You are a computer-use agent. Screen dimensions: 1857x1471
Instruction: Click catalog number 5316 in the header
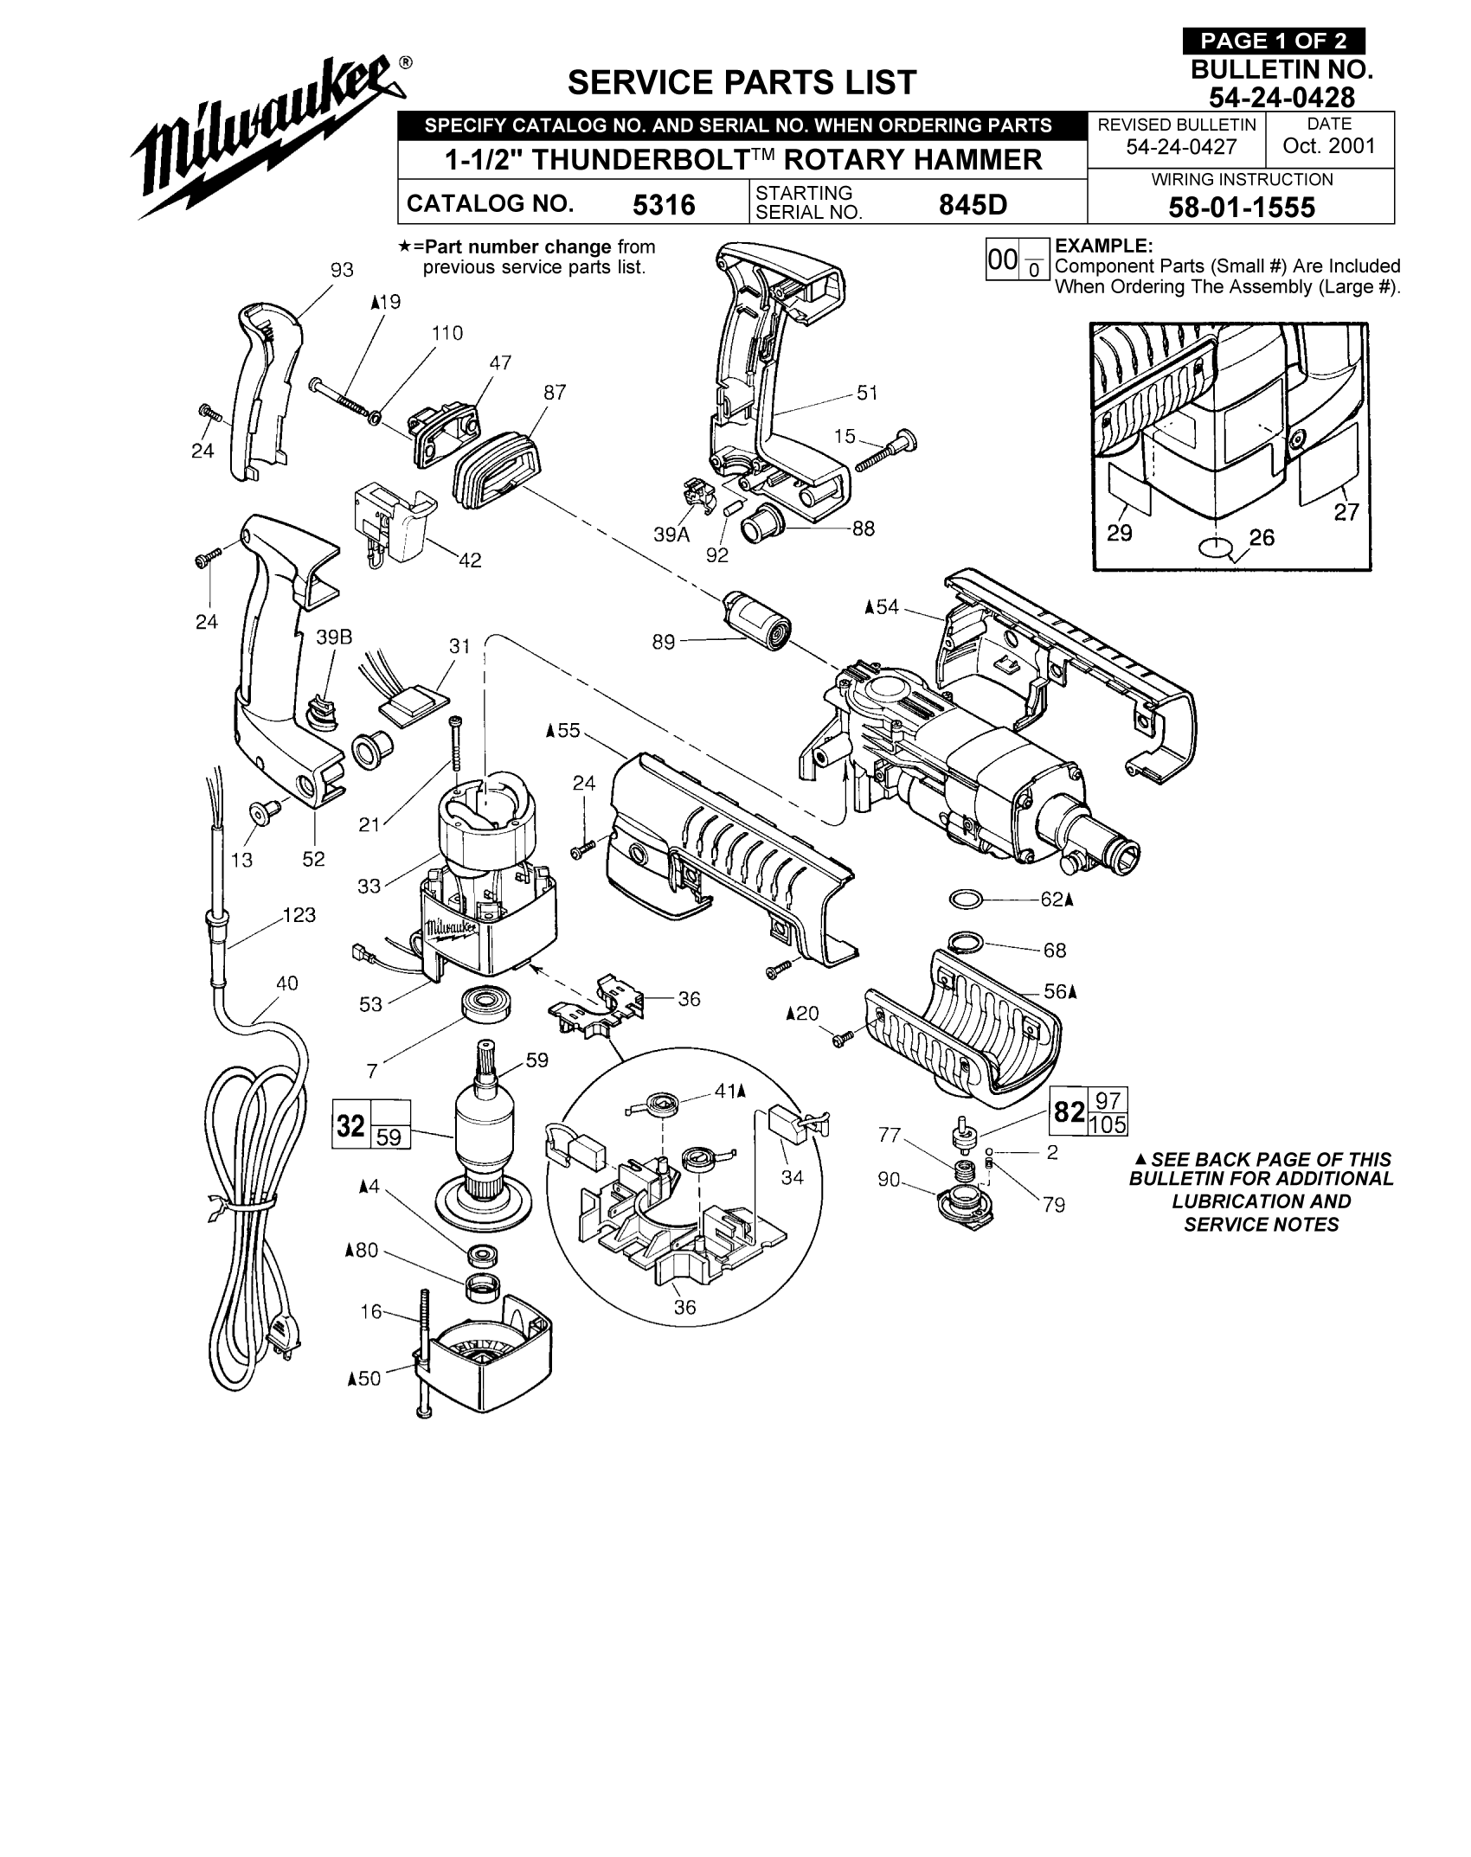click(664, 205)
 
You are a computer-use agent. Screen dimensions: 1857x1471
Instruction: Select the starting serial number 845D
click(973, 205)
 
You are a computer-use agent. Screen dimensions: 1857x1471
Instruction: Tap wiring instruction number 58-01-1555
click(1241, 208)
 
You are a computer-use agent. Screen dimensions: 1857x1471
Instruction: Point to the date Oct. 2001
click(1329, 145)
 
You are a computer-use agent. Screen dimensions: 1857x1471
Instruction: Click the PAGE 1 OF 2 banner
click(1273, 42)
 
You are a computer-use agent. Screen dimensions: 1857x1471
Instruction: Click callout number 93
click(342, 270)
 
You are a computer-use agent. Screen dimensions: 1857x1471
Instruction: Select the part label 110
click(447, 333)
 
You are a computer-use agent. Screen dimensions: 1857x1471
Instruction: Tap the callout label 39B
click(334, 637)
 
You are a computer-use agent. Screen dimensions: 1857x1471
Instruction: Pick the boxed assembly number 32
click(351, 1125)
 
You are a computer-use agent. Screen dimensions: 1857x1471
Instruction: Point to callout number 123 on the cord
click(299, 915)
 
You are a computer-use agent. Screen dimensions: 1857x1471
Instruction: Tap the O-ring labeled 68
click(968, 940)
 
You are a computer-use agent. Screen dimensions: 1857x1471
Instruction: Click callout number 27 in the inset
click(1346, 512)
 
